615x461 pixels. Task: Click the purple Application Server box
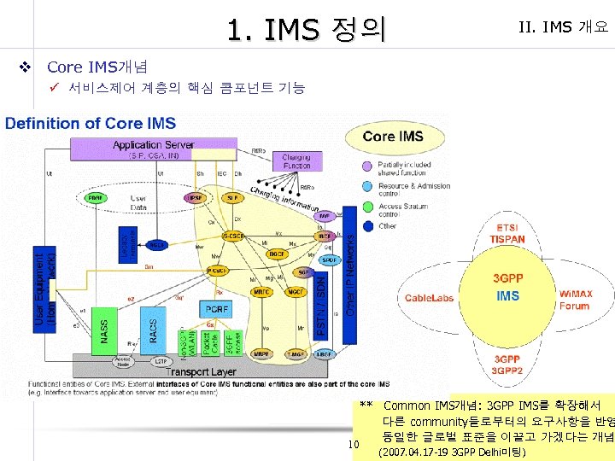154,149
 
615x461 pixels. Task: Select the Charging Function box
296,161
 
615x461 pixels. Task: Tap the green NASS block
104,330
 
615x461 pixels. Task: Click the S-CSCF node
231,236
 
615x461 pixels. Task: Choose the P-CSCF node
217,271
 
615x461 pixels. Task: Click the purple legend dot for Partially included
366,165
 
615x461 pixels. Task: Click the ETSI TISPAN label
507,234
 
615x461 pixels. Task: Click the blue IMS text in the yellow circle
507,296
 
